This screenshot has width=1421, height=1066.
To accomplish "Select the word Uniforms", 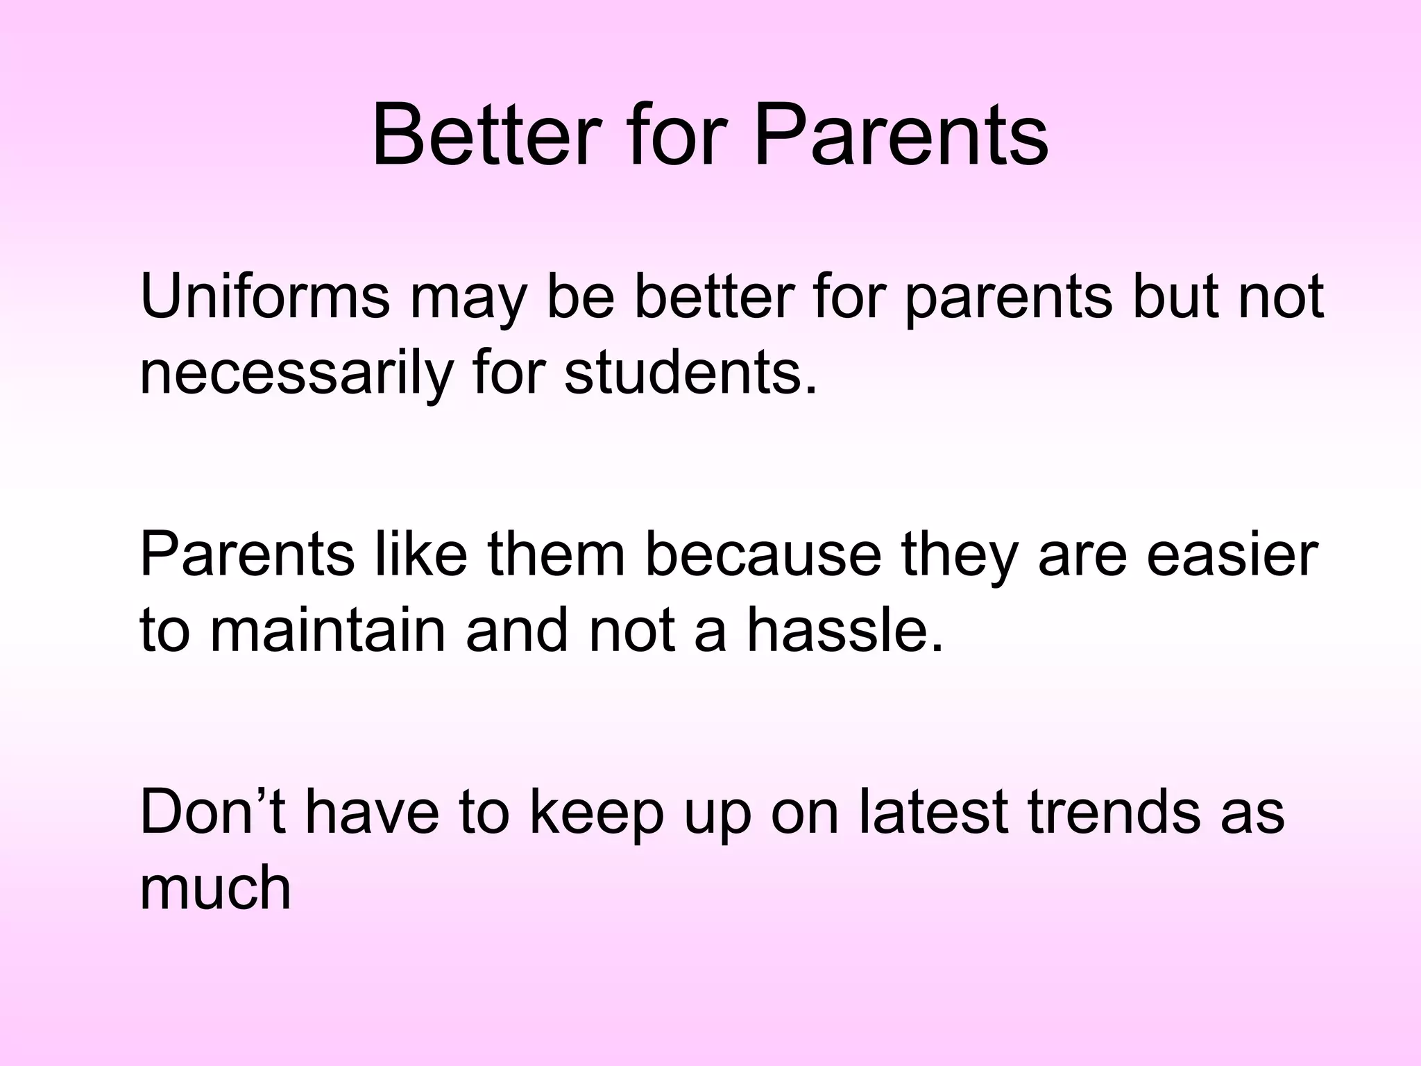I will tap(264, 296).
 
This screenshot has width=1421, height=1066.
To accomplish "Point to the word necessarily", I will tap(296, 373).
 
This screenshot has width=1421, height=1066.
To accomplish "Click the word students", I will tap(683, 373).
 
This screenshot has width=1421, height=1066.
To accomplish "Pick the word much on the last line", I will tap(215, 888).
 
